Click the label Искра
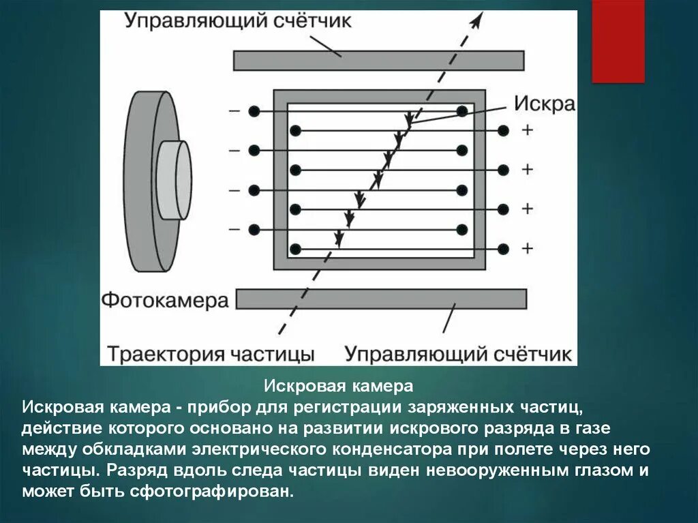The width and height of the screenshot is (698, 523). pyautogui.click(x=544, y=104)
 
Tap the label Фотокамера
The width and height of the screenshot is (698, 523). pyautogui.click(x=165, y=301)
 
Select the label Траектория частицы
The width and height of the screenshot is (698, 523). pyautogui.click(x=211, y=354)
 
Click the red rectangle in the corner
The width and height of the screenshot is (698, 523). pyautogui.click(x=618, y=41)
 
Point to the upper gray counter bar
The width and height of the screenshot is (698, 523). pyautogui.click(x=378, y=61)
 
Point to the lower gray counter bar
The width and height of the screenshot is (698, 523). pyautogui.click(x=382, y=299)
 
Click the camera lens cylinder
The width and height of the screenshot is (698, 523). pyautogui.click(x=174, y=181)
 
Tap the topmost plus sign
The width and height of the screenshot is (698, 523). pyautogui.click(x=527, y=130)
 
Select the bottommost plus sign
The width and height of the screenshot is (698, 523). pyautogui.click(x=527, y=248)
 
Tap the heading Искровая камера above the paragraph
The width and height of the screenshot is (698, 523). pyautogui.click(x=339, y=387)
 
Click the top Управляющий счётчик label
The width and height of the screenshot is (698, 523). pyautogui.click(x=238, y=21)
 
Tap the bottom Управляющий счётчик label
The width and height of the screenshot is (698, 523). pyautogui.click(x=457, y=354)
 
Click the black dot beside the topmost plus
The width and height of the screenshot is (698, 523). pyautogui.click(x=504, y=130)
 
